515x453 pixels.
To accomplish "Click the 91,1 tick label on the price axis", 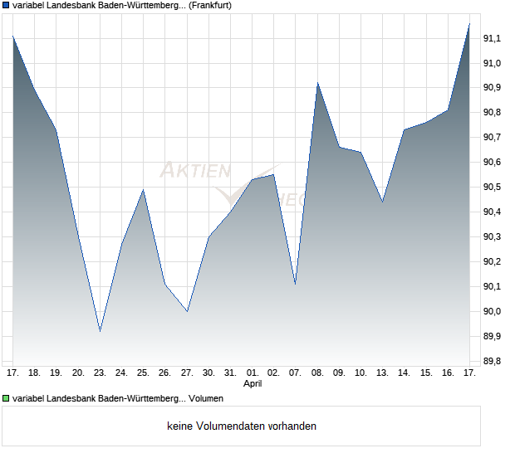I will click(493, 38).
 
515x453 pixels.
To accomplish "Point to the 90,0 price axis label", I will click(493, 312).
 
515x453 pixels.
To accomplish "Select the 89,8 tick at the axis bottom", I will click(493, 362).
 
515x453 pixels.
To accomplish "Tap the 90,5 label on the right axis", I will click(493, 188).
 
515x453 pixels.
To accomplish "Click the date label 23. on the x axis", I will click(100, 373).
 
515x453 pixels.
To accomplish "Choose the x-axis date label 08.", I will click(317, 373).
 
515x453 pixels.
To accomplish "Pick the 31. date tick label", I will click(230, 373).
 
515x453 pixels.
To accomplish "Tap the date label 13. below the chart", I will click(382, 373).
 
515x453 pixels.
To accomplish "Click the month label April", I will click(253, 384).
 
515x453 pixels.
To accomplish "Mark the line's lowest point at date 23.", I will click(100, 331).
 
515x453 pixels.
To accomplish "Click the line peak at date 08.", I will click(317, 83).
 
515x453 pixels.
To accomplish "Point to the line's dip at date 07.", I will click(295, 284).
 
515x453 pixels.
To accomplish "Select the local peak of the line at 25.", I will click(144, 190).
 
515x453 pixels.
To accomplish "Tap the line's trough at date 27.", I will click(187, 311).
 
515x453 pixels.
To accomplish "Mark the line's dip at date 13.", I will click(382, 202).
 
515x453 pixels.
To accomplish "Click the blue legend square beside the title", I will click(6, 5).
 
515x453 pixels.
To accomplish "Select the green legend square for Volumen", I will click(6, 399).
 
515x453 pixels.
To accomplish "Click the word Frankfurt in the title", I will click(204, 5).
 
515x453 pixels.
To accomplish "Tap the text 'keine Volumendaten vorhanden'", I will click(242, 426).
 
